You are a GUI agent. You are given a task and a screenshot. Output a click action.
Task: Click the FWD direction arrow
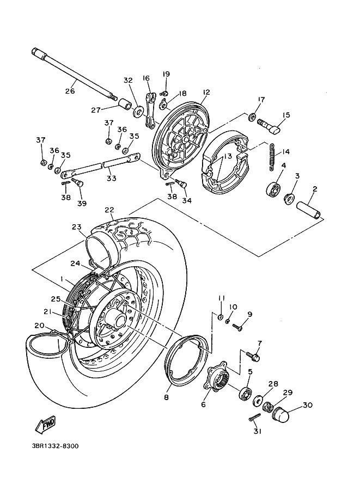(45, 425)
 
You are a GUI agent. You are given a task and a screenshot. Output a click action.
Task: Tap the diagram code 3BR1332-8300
(55, 446)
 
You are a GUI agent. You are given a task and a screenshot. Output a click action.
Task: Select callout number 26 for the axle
(70, 91)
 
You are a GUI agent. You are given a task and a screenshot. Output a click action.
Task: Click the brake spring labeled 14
(272, 157)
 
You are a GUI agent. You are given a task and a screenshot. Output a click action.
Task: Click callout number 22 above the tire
(110, 210)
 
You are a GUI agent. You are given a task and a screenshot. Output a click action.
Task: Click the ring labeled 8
(188, 360)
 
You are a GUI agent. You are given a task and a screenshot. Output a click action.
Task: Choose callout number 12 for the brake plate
(206, 92)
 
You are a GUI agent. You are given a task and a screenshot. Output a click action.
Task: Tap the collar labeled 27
(125, 103)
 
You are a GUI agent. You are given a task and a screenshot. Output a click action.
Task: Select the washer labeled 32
(138, 112)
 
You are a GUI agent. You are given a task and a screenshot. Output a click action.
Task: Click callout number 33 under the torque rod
(111, 178)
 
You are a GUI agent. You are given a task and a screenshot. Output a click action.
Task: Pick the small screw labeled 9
(237, 327)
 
